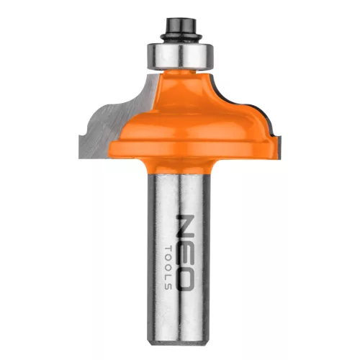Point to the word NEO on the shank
(184, 253)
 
